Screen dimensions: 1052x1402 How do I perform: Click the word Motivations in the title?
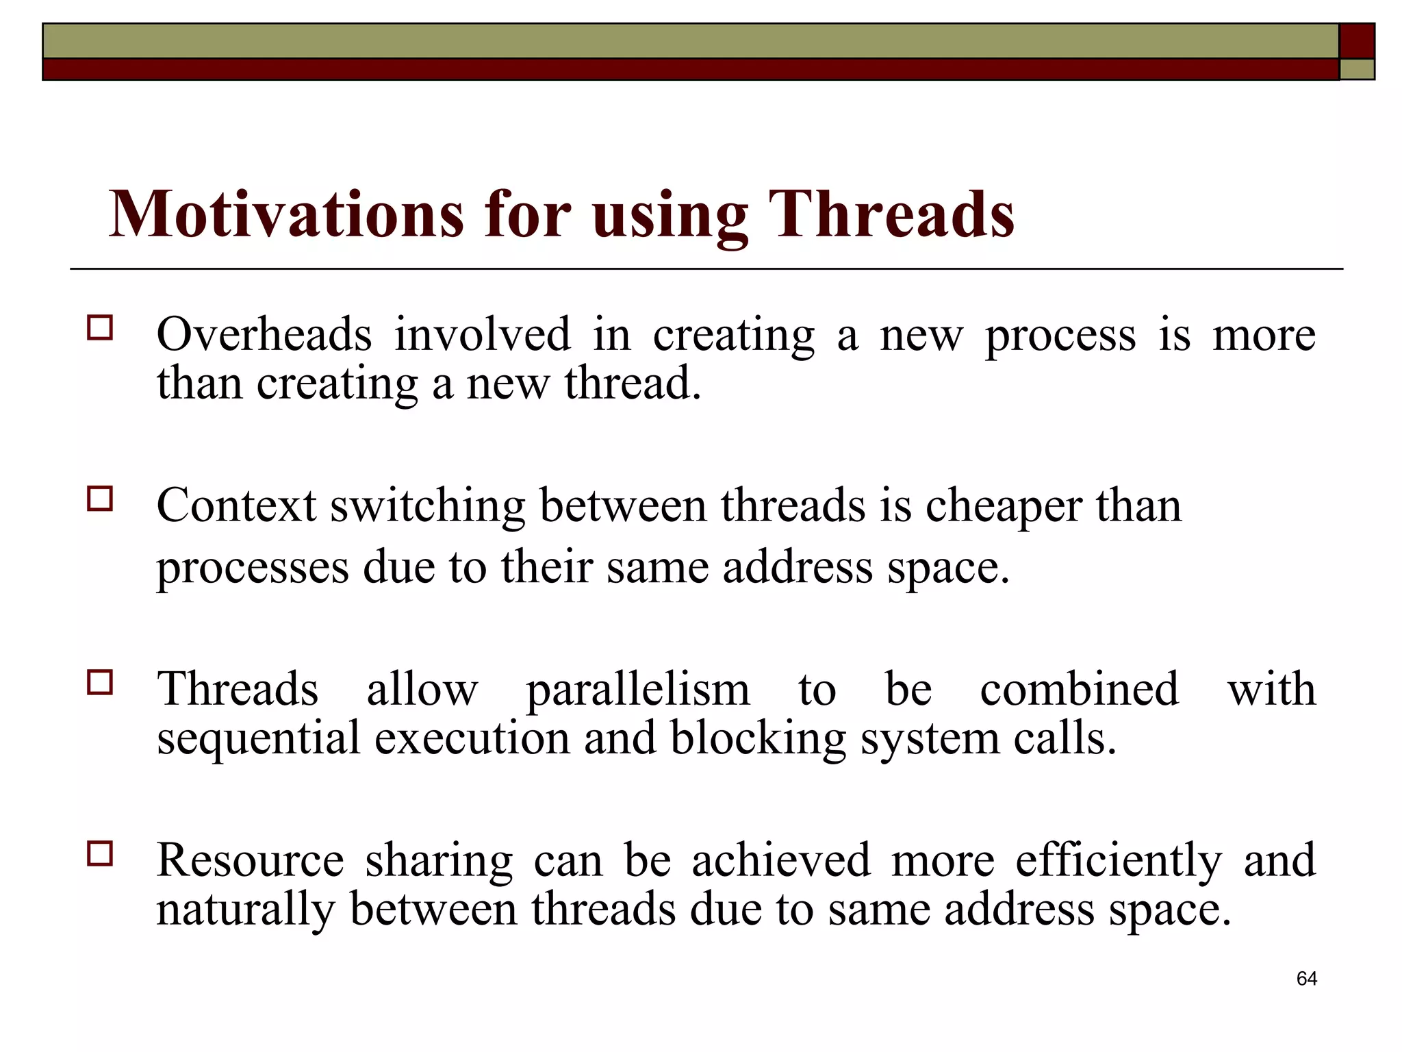pyautogui.click(x=285, y=214)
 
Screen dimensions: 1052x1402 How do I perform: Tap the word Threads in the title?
pyautogui.click(x=891, y=214)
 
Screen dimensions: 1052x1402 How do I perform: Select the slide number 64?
pyautogui.click(x=1306, y=979)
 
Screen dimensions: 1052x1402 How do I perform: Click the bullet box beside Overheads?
pyautogui.click(x=100, y=328)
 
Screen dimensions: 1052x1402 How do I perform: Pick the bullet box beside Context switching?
pyautogui.click(x=100, y=499)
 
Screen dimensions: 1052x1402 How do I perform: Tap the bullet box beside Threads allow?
pyautogui.click(x=100, y=682)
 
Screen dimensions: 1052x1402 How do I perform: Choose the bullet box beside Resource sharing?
pyautogui.click(x=100, y=854)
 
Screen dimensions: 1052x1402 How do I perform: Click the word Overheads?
pyautogui.click(x=264, y=334)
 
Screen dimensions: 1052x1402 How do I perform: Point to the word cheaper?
pyautogui.click(x=1004, y=507)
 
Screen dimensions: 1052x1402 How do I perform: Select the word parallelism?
pyautogui.click(x=637, y=690)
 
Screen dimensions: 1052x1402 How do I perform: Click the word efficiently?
pyautogui.click(x=1118, y=862)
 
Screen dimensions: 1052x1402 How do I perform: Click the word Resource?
pyautogui.click(x=250, y=860)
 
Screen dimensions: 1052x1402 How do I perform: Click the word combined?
pyautogui.click(x=1079, y=689)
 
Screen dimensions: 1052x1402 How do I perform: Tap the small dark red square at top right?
pyautogui.click(x=1356, y=41)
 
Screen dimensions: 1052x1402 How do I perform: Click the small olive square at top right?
pyautogui.click(x=1356, y=69)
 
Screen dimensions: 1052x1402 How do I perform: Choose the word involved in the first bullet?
pyautogui.click(x=482, y=334)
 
